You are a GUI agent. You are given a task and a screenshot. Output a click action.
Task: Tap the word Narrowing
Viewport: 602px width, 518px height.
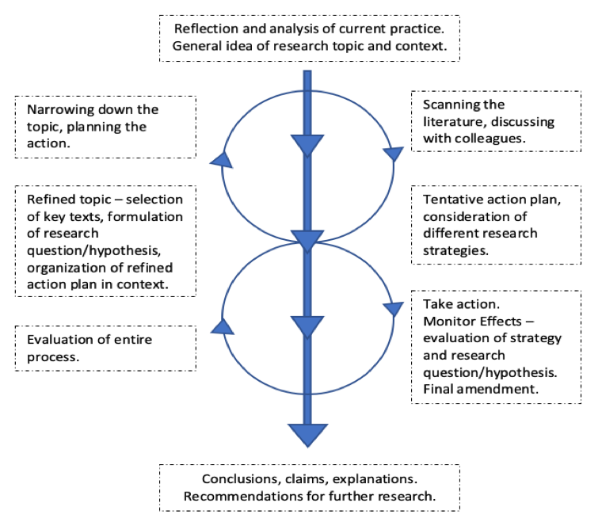click(61, 109)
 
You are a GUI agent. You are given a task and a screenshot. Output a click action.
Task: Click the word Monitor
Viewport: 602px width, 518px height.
click(447, 321)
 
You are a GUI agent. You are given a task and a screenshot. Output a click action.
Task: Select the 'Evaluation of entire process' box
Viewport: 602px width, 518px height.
click(105, 349)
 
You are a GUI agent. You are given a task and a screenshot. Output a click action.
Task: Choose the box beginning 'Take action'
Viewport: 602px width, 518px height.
click(496, 346)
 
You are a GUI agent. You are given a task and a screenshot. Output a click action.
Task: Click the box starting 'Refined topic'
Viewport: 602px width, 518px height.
click(105, 241)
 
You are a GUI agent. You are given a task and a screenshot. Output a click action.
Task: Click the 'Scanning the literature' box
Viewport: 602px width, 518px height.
click(496, 122)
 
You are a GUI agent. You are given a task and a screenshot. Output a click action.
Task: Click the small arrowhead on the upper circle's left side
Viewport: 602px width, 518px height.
click(223, 160)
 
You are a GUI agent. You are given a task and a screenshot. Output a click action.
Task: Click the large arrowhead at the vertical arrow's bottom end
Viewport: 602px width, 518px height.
click(307, 434)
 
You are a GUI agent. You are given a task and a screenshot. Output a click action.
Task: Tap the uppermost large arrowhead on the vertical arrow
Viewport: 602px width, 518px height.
click(307, 145)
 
